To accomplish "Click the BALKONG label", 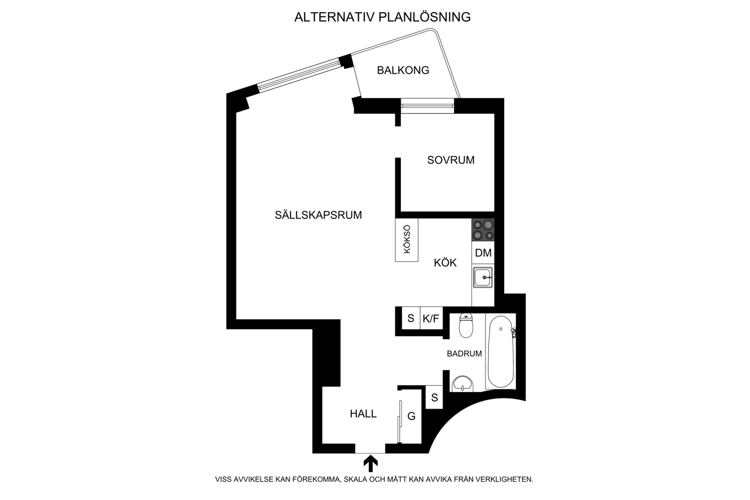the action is pyautogui.click(x=403, y=70).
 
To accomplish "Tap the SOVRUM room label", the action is pyautogui.click(x=451, y=160).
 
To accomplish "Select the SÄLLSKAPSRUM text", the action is pyautogui.click(x=318, y=215).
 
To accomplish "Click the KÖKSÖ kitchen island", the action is pyautogui.click(x=406, y=240).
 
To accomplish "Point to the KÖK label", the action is pyautogui.click(x=445, y=263).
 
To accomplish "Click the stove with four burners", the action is pyautogui.click(x=483, y=230).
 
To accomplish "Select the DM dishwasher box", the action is pyautogui.click(x=483, y=252).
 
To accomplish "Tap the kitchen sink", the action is pyautogui.click(x=483, y=277).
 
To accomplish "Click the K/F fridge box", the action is pyautogui.click(x=431, y=318).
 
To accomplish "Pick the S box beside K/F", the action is pyautogui.click(x=411, y=318).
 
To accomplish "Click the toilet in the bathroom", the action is pyautogui.click(x=466, y=325).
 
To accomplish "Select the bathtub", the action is pyautogui.click(x=500, y=351).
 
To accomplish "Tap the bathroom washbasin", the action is pyautogui.click(x=463, y=384).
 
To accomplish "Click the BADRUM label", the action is pyautogui.click(x=464, y=354).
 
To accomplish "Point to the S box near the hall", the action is pyautogui.click(x=434, y=397).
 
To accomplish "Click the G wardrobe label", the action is pyautogui.click(x=411, y=416).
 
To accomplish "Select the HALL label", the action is pyautogui.click(x=363, y=414).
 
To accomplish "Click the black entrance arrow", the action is pyautogui.click(x=371, y=463).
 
